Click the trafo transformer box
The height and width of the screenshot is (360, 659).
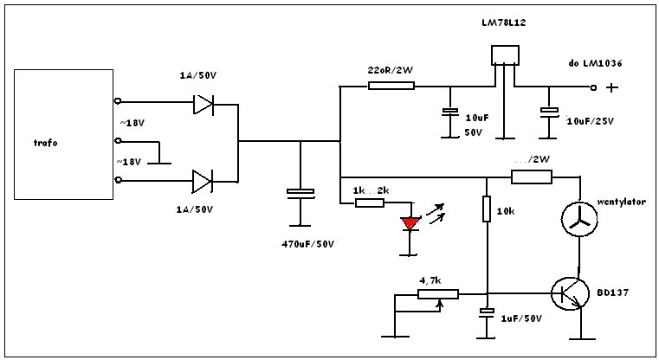point(63,134)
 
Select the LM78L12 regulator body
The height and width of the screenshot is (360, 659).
point(505,55)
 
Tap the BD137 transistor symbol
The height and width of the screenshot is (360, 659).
point(571,293)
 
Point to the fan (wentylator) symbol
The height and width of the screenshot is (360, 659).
point(579,219)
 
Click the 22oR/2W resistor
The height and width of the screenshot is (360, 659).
point(391,86)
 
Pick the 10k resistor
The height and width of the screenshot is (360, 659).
point(487,209)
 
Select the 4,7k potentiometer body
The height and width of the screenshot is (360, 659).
point(438,294)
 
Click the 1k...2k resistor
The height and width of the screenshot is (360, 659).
point(370,202)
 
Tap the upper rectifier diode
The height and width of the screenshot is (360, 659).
point(204,104)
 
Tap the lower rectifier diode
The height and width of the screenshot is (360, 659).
point(203,182)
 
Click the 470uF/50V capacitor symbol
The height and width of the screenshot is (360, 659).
point(300,193)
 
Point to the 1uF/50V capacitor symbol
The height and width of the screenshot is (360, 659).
point(487,312)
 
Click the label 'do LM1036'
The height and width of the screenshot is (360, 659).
point(595,63)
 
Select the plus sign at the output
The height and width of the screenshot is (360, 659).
point(612,87)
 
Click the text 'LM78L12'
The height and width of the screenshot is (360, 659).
point(503,22)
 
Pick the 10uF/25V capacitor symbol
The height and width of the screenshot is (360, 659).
point(549,112)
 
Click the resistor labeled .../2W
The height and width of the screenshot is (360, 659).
point(531,177)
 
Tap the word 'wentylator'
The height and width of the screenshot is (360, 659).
point(621,202)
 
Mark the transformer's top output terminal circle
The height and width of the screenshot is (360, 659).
point(118,100)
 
